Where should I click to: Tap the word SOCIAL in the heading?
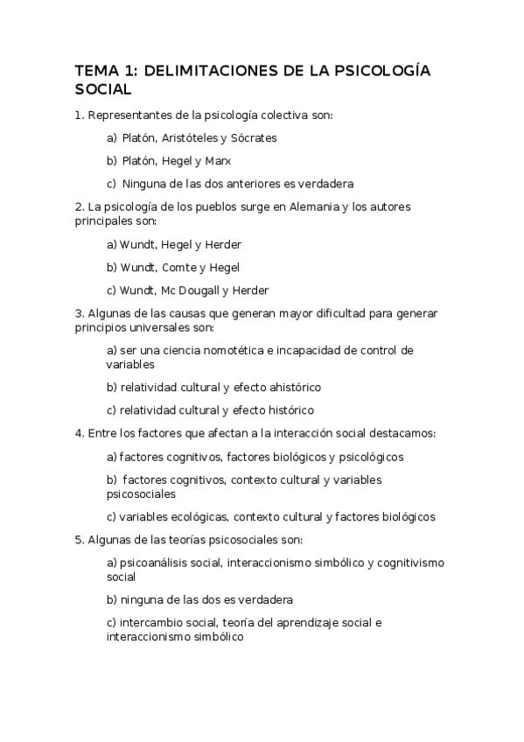pos(103,89)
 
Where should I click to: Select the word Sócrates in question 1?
pos(255,137)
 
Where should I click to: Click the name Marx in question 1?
pos(218,160)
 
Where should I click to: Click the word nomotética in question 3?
pos(222,350)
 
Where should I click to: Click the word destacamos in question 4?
pos(405,432)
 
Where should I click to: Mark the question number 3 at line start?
pos(80,313)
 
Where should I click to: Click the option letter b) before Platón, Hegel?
pos(111,160)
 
